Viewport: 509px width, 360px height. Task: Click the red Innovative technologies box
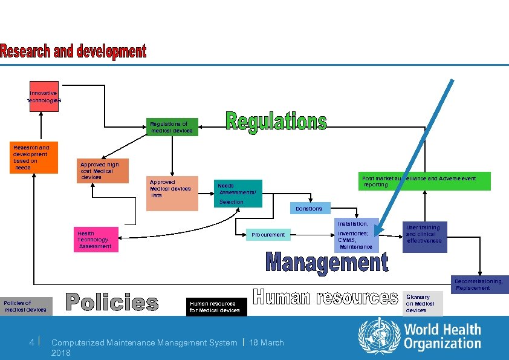click(x=44, y=96)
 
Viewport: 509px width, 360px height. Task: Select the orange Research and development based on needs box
click(x=35, y=158)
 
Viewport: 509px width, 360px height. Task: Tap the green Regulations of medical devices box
click(x=172, y=126)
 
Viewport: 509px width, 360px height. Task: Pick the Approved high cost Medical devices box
click(x=103, y=171)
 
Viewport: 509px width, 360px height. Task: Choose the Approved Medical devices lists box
click(x=172, y=193)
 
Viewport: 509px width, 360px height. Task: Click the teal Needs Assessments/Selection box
click(x=238, y=193)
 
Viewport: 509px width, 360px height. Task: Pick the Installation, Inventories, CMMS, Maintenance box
click(x=356, y=235)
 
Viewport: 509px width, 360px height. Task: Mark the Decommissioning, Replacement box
click(x=479, y=284)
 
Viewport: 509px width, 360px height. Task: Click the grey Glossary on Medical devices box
click(x=423, y=303)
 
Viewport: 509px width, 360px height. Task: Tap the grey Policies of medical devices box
click(x=26, y=306)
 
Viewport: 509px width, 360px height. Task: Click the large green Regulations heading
click(x=276, y=122)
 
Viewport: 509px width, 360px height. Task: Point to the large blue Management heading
click(x=327, y=263)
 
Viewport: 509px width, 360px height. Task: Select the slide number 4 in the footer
click(x=31, y=342)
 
